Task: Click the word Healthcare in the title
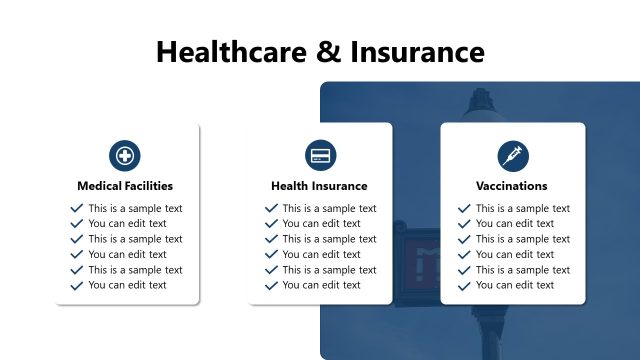tap(232, 51)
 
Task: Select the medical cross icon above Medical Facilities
tap(125, 156)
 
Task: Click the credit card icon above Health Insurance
tap(320, 156)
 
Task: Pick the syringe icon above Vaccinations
tap(512, 156)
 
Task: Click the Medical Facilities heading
tap(125, 186)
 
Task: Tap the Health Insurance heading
tap(319, 186)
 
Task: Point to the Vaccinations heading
tap(512, 186)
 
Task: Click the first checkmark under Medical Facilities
tap(77, 208)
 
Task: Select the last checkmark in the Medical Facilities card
tap(77, 285)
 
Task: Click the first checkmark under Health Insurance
tap(271, 208)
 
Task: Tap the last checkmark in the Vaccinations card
tap(464, 285)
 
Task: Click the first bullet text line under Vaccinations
tap(523, 208)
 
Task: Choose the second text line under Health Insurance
tap(322, 224)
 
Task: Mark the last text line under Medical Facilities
tap(128, 285)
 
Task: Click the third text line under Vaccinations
tap(523, 239)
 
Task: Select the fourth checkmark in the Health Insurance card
tap(271, 254)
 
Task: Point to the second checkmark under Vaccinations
tap(464, 224)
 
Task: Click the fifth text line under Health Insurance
tap(329, 270)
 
